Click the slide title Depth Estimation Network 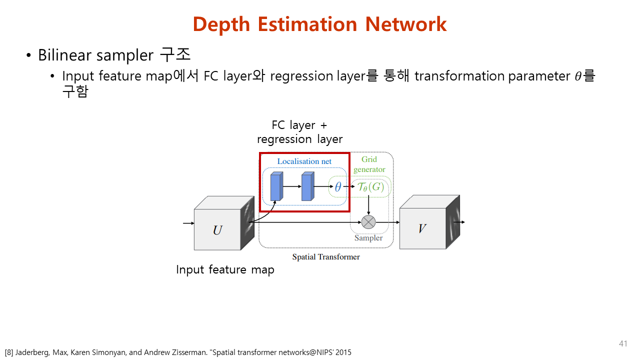[x=319, y=24]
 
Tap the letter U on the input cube [x=217, y=230]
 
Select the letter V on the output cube [x=422, y=229]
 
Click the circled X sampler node [x=368, y=221]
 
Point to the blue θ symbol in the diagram [x=338, y=187]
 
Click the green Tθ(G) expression [x=370, y=187]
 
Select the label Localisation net [x=304, y=161]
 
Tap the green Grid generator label [x=369, y=164]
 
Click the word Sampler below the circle [x=368, y=238]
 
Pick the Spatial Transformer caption [x=326, y=257]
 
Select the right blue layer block [x=307, y=187]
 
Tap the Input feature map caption [x=225, y=270]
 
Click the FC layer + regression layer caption [x=299, y=132]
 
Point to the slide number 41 [x=623, y=343]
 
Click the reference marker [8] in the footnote [x=8, y=352]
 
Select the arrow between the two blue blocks [x=292, y=187]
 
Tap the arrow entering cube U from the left [x=188, y=223]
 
